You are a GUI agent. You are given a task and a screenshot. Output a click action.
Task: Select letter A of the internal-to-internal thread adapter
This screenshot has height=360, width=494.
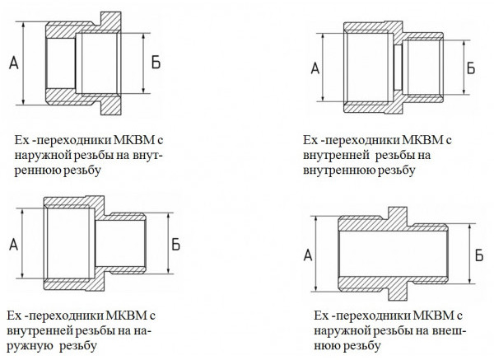click(315, 68)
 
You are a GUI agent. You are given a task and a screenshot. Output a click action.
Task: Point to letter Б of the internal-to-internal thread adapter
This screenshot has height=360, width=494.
click(471, 68)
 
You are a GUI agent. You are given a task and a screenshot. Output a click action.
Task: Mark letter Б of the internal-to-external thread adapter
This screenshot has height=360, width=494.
click(175, 244)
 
